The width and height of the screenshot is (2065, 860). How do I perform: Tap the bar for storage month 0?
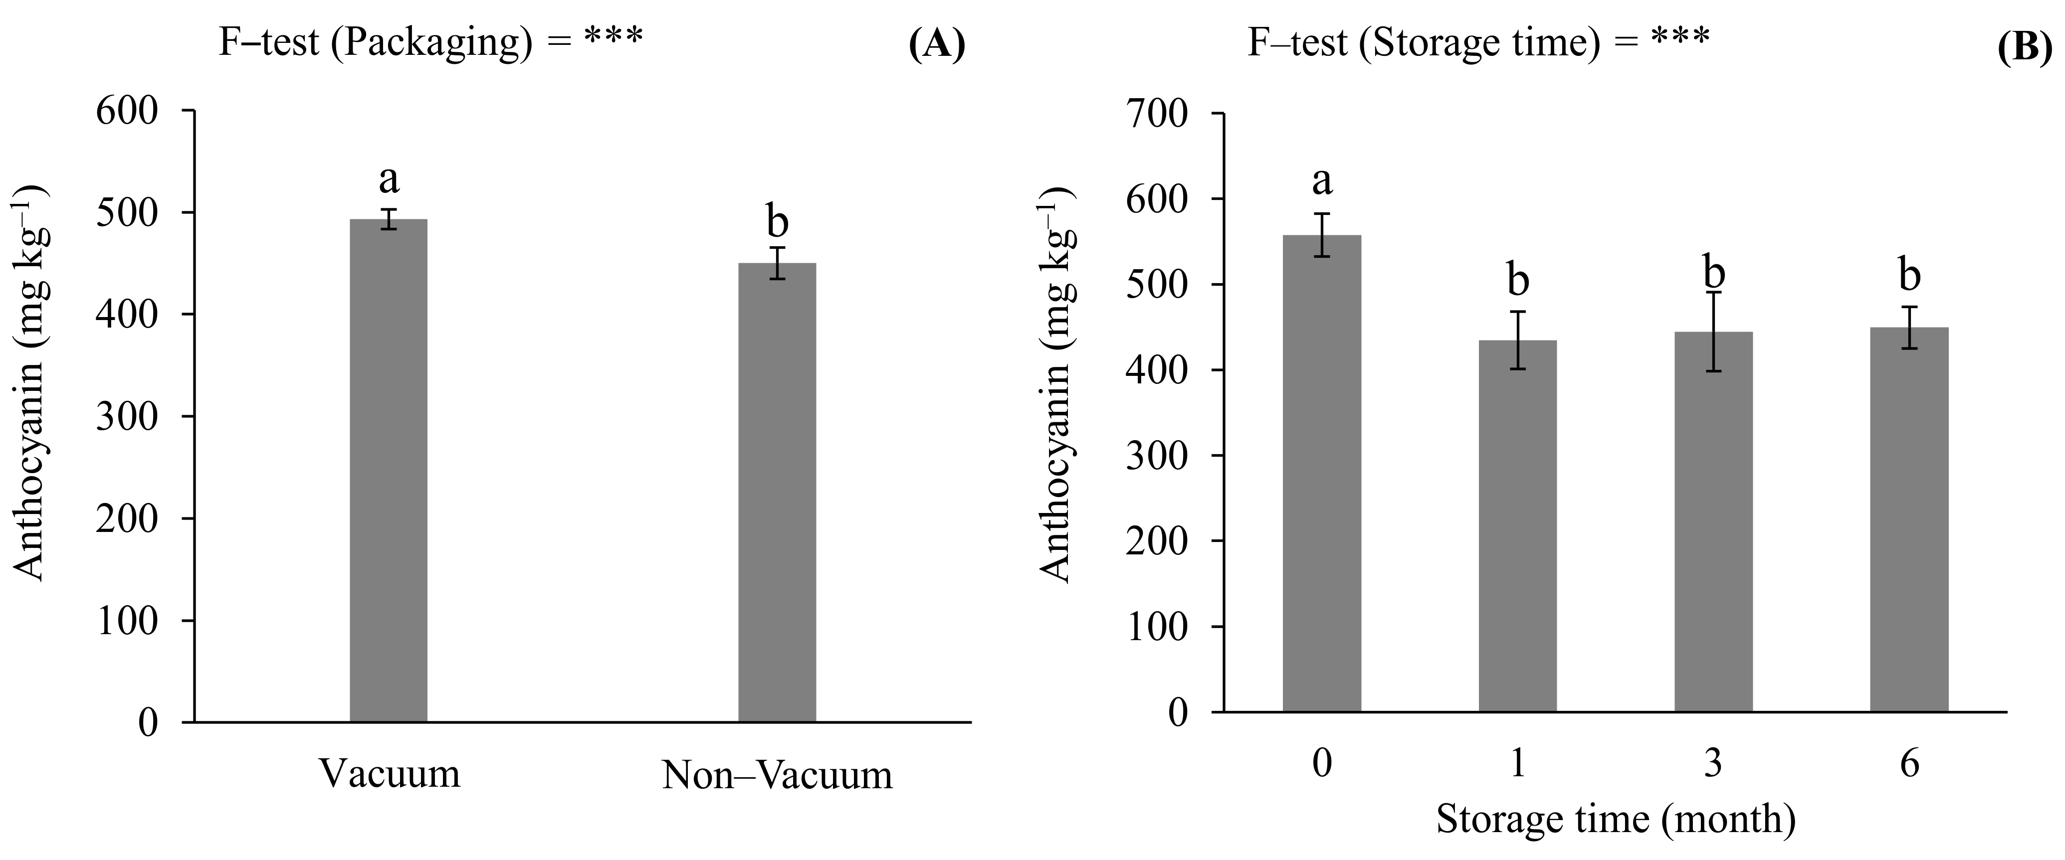pyautogui.click(x=1322, y=473)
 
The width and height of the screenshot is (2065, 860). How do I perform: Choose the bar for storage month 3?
pyautogui.click(x=1713, y=521)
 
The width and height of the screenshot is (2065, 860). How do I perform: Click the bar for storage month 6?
pyautogui.click(x=1909, y=519)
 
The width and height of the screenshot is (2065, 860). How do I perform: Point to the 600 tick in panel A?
pyautogui.click(x=128, y=111)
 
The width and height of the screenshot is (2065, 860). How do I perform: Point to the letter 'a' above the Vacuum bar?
pyautogui.click(x=389, y=179)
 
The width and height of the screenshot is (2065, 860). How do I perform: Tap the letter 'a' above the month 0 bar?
pyautogui.click(x=1322, y=181)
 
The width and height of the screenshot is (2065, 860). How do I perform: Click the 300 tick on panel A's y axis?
pyautogui.click(x=128, y=416)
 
